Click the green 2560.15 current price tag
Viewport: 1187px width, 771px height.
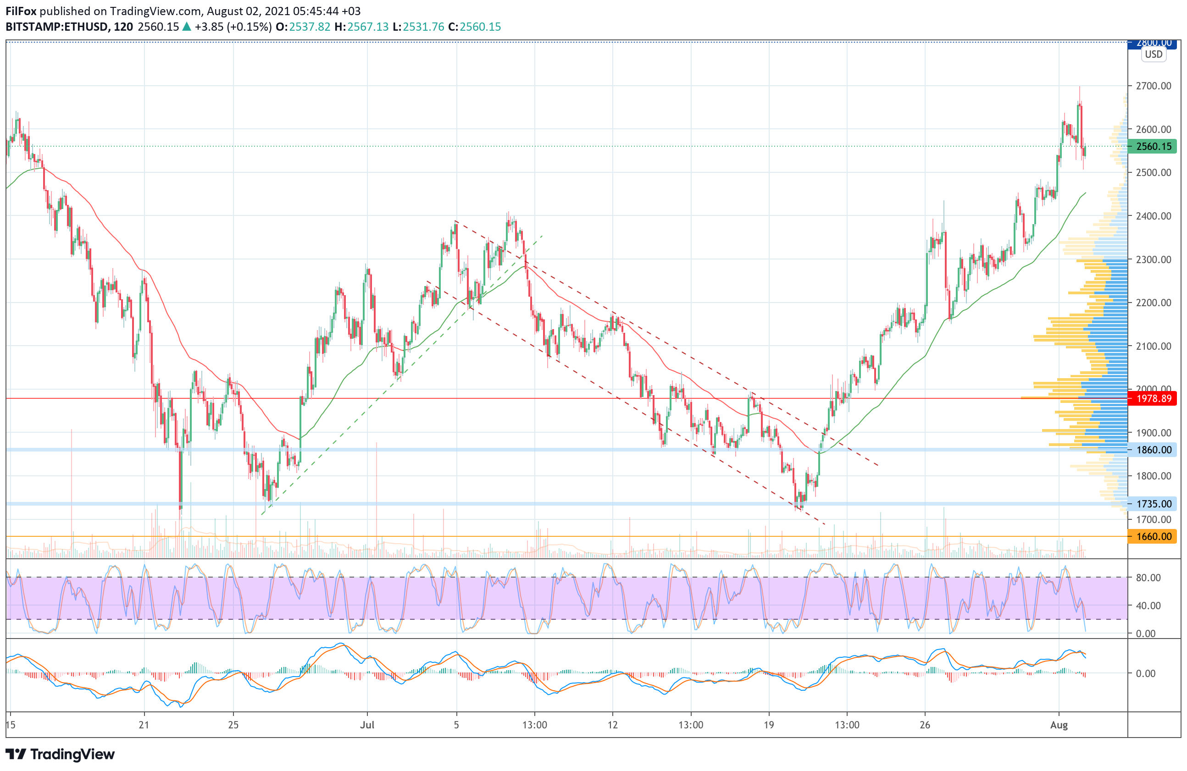coord(1154,147)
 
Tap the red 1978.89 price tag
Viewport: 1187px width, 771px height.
coord(1154,399)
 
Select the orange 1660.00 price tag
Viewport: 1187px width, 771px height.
coord(1154,537)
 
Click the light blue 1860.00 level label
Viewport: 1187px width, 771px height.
coord(1154,450)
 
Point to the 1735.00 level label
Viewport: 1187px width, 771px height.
coord(1154,504)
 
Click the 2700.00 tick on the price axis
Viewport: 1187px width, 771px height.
coord(1154,86)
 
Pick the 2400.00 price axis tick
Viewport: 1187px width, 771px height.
coord(1154,216)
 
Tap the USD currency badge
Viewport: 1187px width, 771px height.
coord(1154,55)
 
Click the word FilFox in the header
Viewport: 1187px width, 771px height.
coord(21,11)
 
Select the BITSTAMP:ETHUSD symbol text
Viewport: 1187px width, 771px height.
coord(57,27)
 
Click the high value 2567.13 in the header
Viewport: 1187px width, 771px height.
coord(367,27)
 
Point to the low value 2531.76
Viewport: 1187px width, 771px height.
coord(423,27)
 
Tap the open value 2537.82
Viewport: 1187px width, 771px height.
coord(310,27)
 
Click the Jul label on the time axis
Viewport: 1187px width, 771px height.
coord(367,725)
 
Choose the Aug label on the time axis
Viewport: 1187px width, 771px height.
coord(1059,725)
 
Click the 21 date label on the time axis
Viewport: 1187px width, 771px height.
coord(144,725)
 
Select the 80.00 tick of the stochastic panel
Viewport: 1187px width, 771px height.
coord(1148,578)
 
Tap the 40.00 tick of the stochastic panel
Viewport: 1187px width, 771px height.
coord(1148,606)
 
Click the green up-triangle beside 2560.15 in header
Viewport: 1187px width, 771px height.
coord(187,27)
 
